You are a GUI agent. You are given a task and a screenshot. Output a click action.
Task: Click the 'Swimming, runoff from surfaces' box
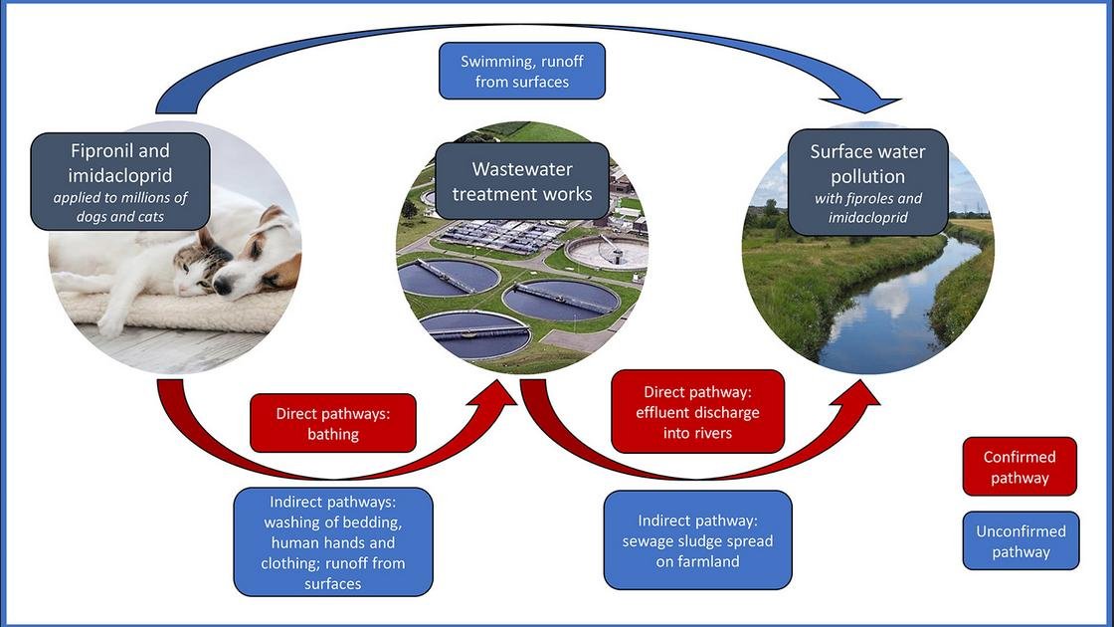(522, 71)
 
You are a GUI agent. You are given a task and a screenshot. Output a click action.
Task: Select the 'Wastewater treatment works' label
(522, 180)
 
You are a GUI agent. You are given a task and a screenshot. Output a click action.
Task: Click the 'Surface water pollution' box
(867, 181)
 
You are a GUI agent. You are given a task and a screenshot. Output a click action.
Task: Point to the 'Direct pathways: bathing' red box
(332, 423)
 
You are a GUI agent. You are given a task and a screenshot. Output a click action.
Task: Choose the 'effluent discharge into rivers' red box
(697, 412)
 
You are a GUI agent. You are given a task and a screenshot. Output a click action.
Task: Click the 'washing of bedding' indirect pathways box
(332, 541)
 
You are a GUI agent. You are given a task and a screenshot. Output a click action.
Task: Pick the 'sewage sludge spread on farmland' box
(697, 539)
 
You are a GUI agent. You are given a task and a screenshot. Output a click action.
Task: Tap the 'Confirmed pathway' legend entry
(1020, 467)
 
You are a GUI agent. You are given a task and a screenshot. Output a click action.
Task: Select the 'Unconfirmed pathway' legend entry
(1021, 541)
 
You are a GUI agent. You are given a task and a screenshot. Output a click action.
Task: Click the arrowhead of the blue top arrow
(875, 102)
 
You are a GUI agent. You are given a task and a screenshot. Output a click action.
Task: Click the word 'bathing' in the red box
(332, 434)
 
